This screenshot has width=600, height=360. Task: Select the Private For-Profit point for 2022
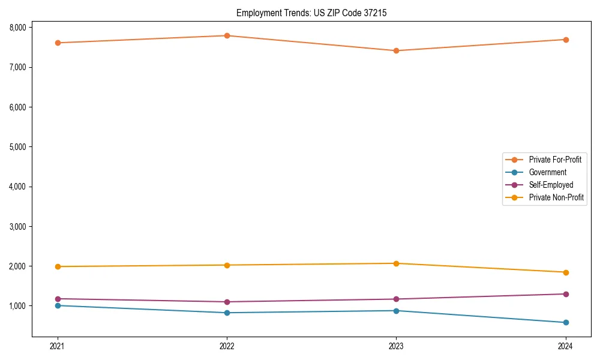coord(227,35)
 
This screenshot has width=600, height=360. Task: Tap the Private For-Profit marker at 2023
coord(396,50)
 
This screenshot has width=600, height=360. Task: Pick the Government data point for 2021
coord(58,305)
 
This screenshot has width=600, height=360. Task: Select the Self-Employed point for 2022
coord(227,302)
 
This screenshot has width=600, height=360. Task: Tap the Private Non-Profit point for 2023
coord(396,263)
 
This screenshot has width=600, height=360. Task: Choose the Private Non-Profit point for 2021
coord(58,266)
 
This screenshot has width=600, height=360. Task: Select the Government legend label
coord(547,172)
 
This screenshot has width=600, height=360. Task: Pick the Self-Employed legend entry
coord(551,185)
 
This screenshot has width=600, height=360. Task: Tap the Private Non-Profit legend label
coord(556,197)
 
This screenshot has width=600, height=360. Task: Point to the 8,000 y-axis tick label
coord(17,28)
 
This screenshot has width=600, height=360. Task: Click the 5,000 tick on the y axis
coord(17,147)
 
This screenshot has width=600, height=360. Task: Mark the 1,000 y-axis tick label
coord(17,306)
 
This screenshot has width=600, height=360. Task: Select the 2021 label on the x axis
coord(58,346)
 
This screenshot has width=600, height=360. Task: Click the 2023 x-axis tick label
coord(396,346)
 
